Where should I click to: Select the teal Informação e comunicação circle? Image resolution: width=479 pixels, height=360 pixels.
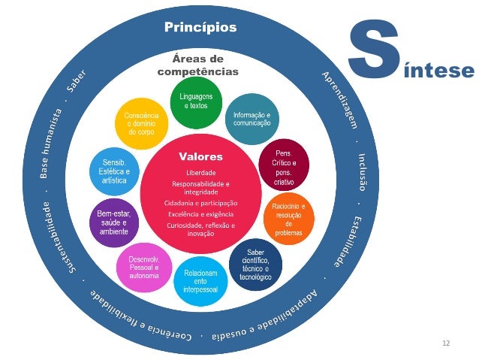pyautogui.click(x=252, y=118)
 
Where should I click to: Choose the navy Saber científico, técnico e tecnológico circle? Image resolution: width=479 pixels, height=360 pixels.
pyautogui.click(x=255, y=259)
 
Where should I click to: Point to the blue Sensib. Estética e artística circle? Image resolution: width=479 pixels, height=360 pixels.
pyautogui.click(x=113, y=171)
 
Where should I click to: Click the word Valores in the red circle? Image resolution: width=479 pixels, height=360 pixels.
pyautogui.click(x=200, y=157)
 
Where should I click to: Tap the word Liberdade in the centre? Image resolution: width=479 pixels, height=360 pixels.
pyautogui.click(x=200, y=172)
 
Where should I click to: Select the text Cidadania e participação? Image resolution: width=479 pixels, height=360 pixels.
pyautogui.click(x=200, y=203)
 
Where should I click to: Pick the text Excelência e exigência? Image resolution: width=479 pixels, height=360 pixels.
pyautogui.click(x=200, y=214)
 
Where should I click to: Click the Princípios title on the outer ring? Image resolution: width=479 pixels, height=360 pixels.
pyautogui.click(x=200, y=29)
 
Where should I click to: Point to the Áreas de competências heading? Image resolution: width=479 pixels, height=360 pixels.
pyautogui.click(x=197, y=65)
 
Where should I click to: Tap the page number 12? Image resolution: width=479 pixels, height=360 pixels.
pyautogui.click(x=447, y=343)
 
